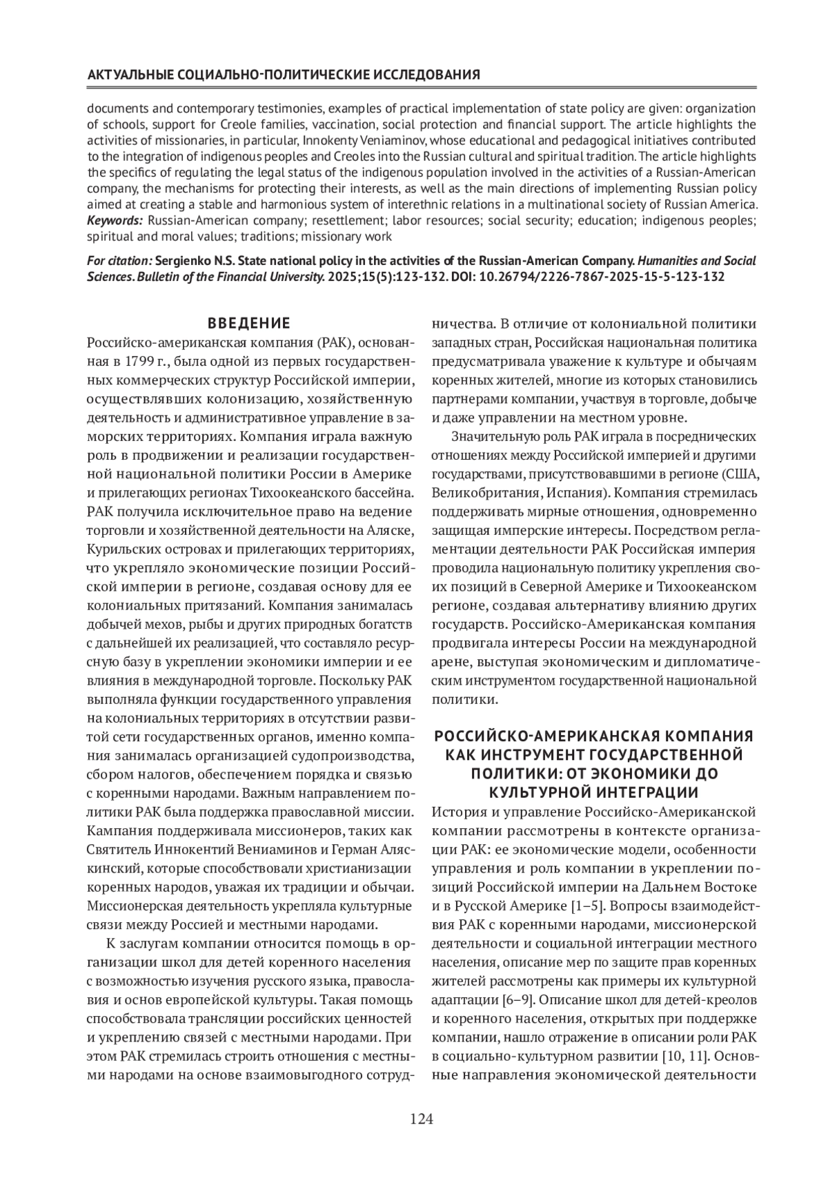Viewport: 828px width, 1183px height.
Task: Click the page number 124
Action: (421, 1119)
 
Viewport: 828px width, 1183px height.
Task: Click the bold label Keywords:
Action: (115, 221)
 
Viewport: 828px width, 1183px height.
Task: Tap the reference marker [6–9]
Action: (509, 999)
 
